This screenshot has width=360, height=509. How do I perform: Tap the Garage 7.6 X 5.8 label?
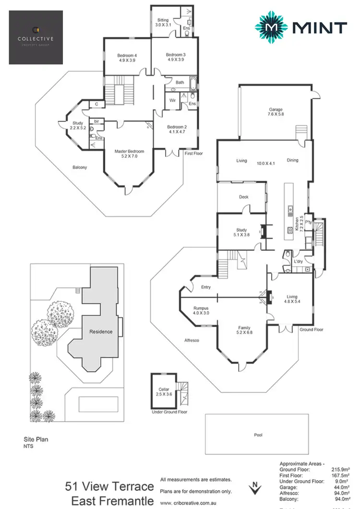276,112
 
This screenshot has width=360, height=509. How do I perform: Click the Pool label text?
258,435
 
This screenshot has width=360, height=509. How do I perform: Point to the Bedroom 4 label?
127,58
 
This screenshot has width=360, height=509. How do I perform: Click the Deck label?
243,197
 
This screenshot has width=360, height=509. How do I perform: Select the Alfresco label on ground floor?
192,340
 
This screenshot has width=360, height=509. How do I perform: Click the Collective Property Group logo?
36,37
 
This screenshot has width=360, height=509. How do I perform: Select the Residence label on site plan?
101,331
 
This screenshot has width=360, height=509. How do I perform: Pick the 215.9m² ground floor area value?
342,470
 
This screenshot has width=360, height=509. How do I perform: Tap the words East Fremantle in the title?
113,501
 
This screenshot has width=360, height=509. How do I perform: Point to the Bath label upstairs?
180,83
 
